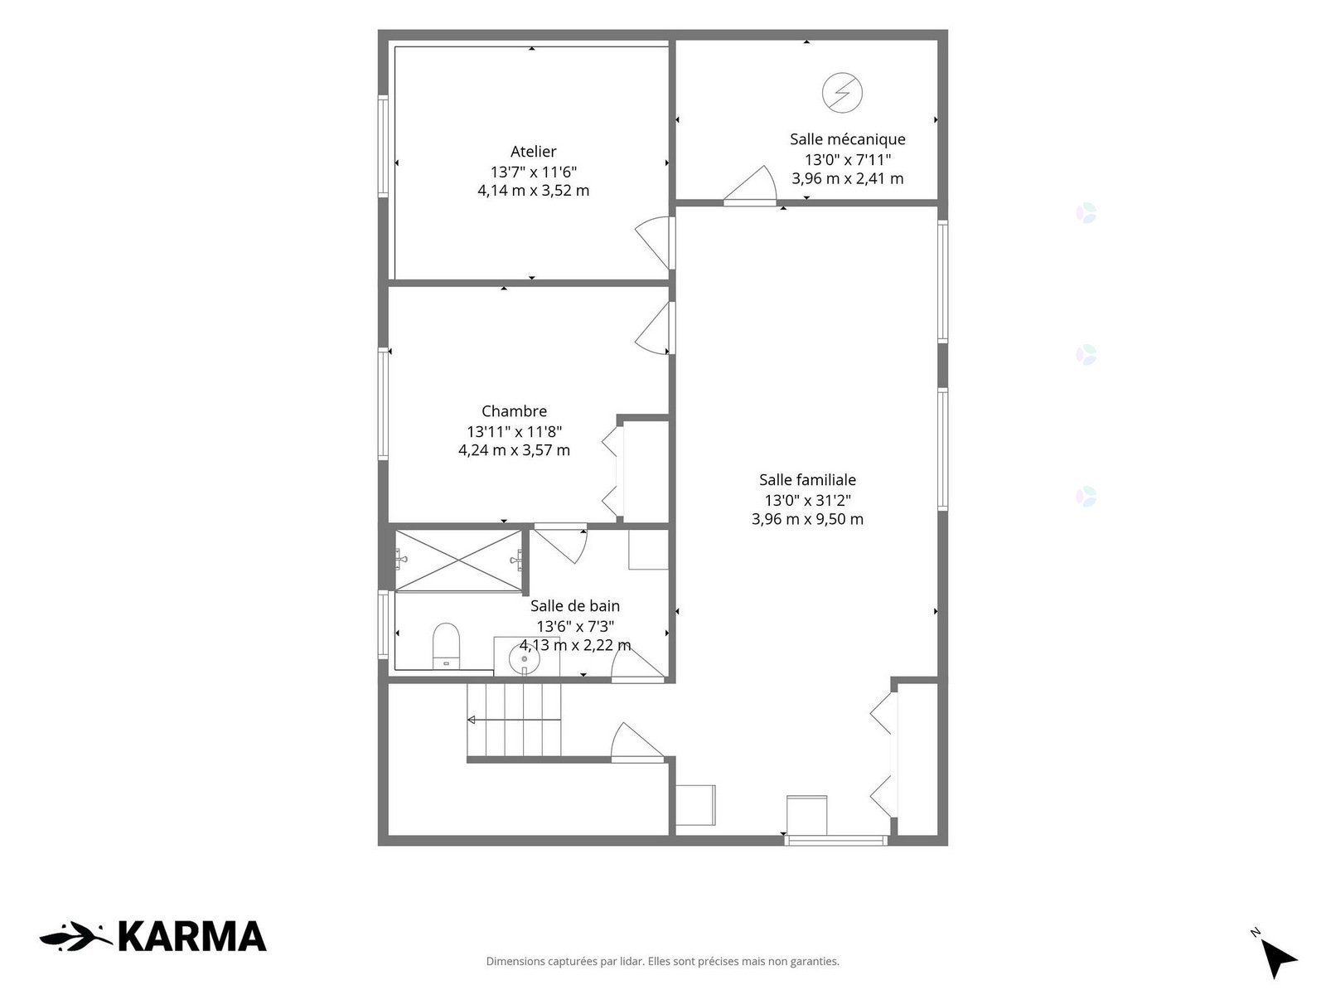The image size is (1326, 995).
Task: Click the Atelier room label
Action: tap(533, 151)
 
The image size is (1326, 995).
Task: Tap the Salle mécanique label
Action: tap(847, 139)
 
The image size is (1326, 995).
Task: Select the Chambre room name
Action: tap(514, 410)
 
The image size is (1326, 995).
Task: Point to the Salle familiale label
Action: tap(807, 480)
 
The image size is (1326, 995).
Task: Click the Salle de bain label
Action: tap(574, 605)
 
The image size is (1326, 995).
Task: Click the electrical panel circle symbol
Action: tap(841, 92)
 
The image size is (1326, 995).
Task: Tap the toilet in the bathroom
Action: tap(447, 646)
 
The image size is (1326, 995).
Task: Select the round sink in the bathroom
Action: tap(525, 658)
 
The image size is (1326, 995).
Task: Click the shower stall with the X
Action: tap(458, 560)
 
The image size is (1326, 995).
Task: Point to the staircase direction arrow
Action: tap(514, 720)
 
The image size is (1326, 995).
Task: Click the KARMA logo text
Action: tap(191, 936)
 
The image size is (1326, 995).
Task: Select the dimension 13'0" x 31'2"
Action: tap(807, 500)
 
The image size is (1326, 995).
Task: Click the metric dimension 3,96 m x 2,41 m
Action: tap(847, 178)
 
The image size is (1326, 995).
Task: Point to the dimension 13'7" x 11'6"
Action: tap(533, 172)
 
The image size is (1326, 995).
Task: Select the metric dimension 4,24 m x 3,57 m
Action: tap(514, 450)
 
